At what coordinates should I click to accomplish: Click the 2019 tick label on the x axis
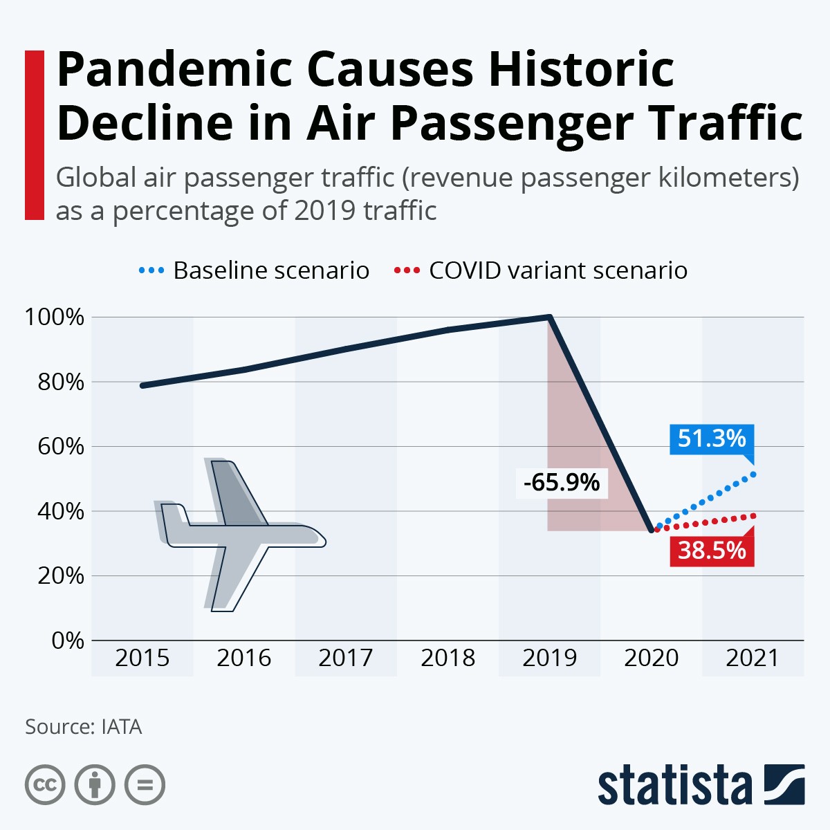coord(549,658)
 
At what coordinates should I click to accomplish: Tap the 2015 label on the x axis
coord(142,658)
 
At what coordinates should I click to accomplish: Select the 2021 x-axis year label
coord(753,658)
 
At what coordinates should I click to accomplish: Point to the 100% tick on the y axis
coord(55,317)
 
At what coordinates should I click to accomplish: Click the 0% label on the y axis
coord(68,640)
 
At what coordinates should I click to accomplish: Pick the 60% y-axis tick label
coord(60,447)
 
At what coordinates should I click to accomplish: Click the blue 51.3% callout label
coord(712,439)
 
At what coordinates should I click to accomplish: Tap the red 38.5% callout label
coord(712,551)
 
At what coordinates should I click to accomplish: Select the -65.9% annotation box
coord(562,482)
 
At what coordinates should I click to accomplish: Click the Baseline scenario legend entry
coord(254,270)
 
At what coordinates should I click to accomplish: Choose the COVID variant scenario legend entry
coord(541,270)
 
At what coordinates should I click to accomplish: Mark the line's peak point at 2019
coord(549,317)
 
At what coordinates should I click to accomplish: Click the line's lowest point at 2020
coord(651,531)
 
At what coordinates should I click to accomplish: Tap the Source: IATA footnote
coord(84,727)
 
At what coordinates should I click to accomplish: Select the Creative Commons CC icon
coord(45,785)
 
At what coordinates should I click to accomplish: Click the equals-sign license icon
coord(145,785)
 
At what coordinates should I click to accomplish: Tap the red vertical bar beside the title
coord(35,135)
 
